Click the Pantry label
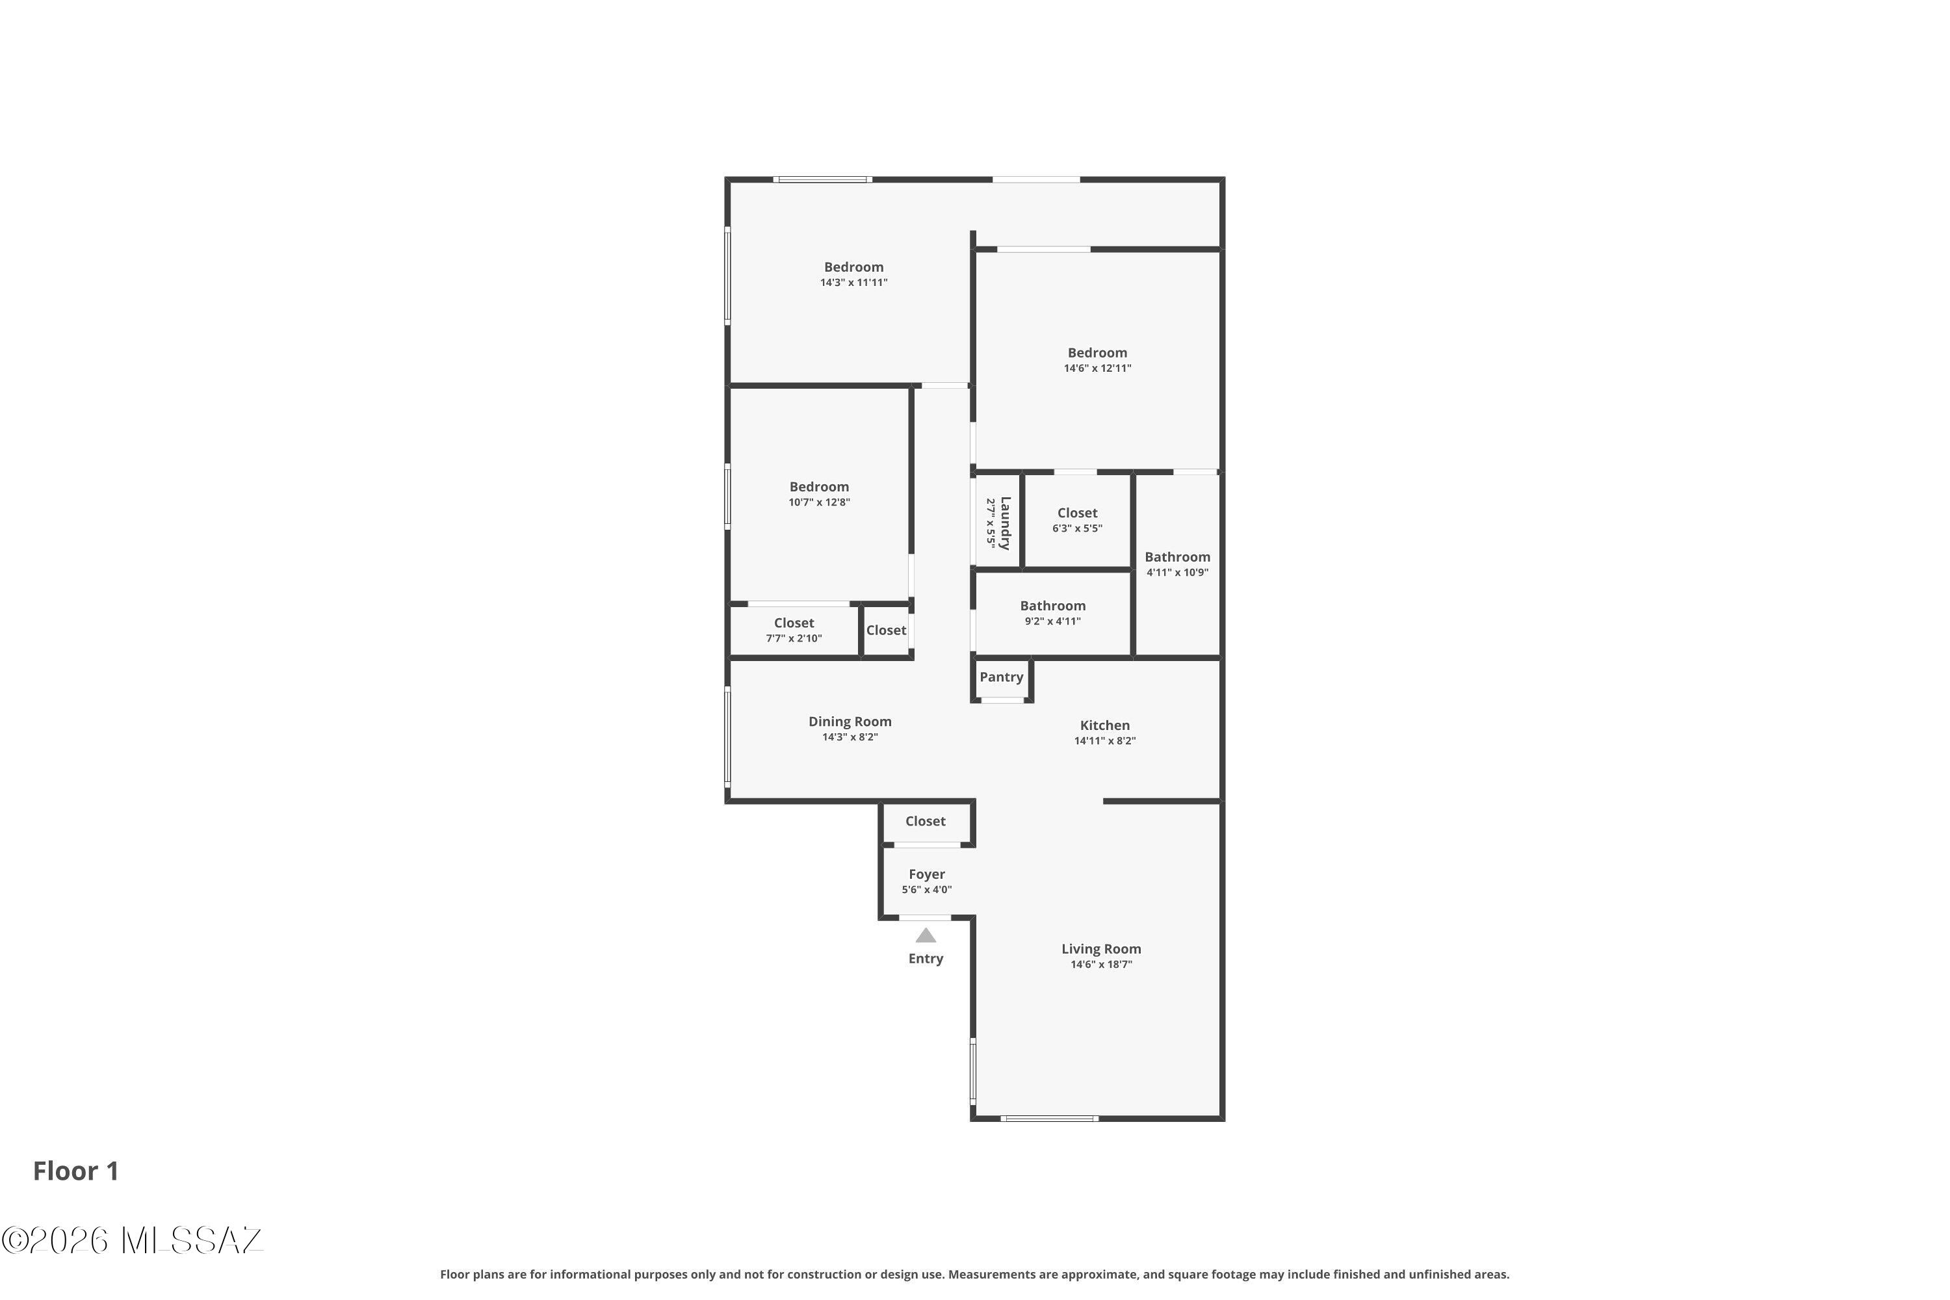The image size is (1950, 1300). point(1001,677)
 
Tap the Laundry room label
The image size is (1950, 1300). point(1005,523)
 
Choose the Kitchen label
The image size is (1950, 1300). point(1104,725)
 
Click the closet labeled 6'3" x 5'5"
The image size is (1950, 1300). point(1077,521)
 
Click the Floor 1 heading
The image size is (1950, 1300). point(75,1171)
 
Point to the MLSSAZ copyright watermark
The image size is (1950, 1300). point(133,1240)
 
